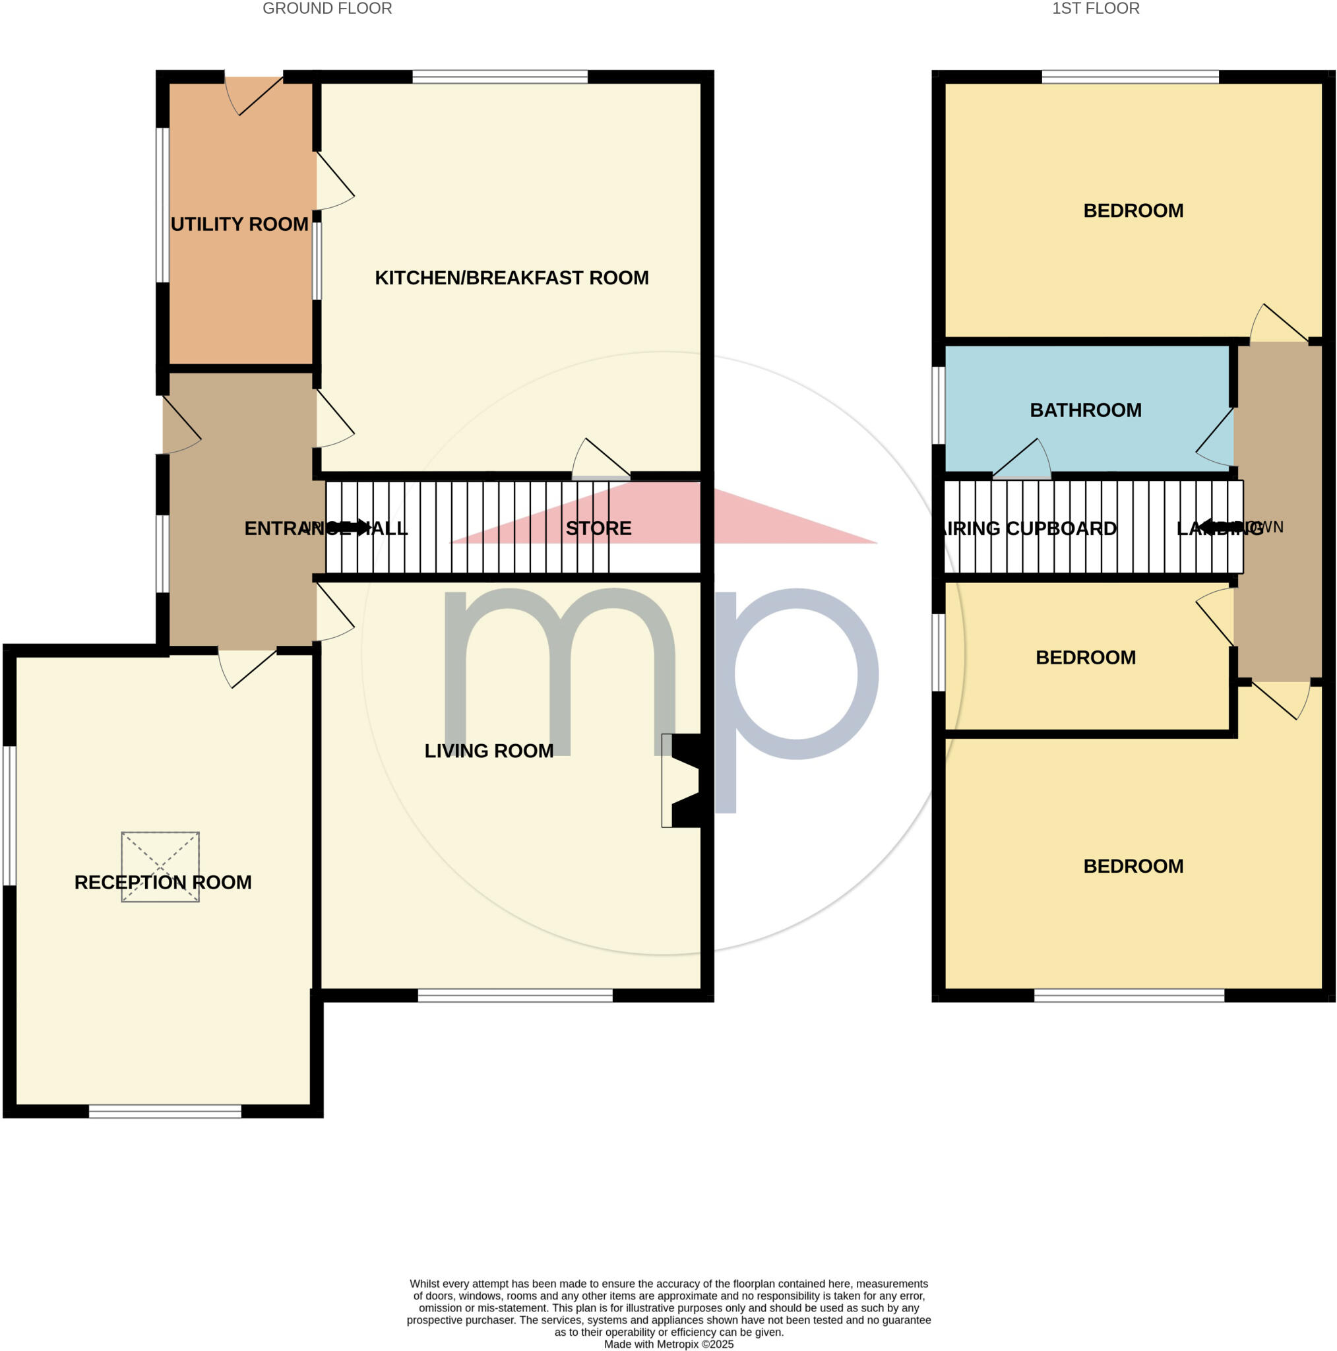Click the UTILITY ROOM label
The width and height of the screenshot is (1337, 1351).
pyautogui.click(x=239, y=224)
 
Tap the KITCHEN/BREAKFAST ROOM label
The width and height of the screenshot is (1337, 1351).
pyautogui.click(x=511, y=278)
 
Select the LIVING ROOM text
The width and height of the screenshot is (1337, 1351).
pyautogui.click(x=489, y=750)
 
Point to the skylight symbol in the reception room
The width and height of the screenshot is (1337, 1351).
pyautogui.click(x=160, y=866)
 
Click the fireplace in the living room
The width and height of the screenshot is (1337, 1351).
pyautogui.click(x=683, y=780)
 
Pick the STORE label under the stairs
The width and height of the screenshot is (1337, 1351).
pyautogui.click(x=598, y=528)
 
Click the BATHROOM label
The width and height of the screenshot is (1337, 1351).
pyautogui.click(x=1084, y=410)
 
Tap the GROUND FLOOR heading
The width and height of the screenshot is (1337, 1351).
pyautogui.click(x=327, y=9)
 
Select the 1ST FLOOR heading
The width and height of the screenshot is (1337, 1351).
pyautogui.click(x=1095, y=9)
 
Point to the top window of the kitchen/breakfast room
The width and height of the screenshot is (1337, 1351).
pyautogui.click(x=500, y=77)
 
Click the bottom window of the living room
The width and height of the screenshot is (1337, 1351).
pyautogui.click(x=515, y=995)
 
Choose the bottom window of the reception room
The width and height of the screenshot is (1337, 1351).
pyautogui.click(x=165, y=1111)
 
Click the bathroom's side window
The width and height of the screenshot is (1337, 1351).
pyautogui.click(x=939, y=405)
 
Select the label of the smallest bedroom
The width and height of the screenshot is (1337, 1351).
pyautogui.click(x=1084, y=657)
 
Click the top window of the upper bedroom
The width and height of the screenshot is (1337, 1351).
pyautogui.click(x=1130, y=77)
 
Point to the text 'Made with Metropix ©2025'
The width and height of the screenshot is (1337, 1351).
pyautogui.click(x=669, y=1343)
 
